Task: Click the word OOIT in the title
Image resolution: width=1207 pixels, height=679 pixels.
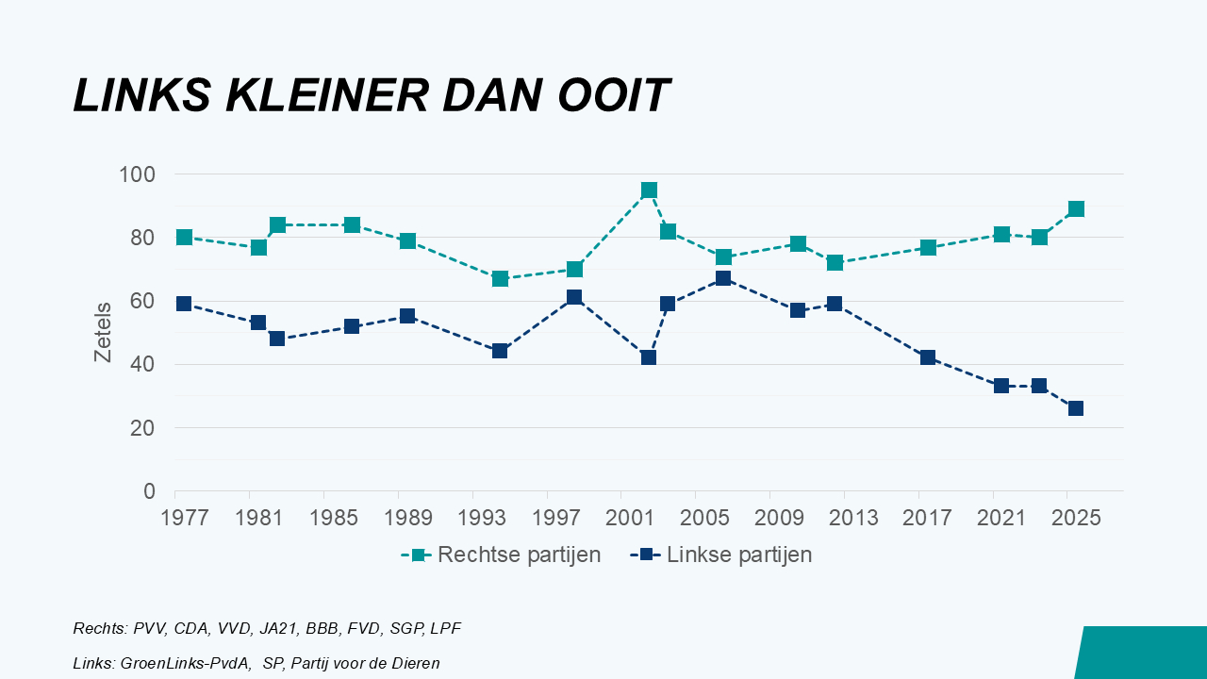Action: (613, 95)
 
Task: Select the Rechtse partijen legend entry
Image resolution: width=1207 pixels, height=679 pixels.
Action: (519, 555)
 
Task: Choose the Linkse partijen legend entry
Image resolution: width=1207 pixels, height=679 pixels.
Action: (738, 555)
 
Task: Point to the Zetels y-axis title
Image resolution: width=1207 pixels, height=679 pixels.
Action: (103, 332)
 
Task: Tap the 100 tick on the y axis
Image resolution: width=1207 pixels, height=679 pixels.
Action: (137, 174)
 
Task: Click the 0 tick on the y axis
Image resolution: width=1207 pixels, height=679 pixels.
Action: (149, 491)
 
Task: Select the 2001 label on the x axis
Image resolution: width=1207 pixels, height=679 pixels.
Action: (621, 519)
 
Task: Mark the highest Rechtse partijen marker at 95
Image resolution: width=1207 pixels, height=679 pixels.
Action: (649, 190)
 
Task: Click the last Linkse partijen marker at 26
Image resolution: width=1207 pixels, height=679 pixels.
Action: (1076, 408)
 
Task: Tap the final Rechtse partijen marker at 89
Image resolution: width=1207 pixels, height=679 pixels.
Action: (1076, 209)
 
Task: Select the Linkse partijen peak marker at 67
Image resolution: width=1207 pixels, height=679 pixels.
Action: (723, 278)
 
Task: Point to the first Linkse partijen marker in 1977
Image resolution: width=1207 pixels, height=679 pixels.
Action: (184, 304)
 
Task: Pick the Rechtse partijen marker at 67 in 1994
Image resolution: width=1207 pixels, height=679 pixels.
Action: (500, 278)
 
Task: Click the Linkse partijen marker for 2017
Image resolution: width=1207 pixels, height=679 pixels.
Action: (928, 357)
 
